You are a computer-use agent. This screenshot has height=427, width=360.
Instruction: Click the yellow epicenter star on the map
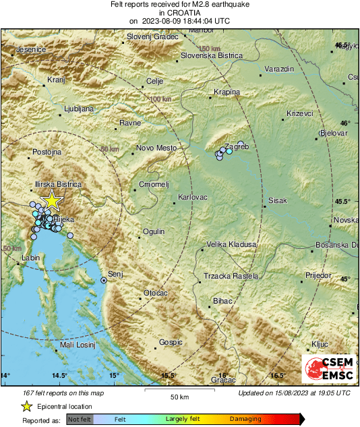pos(51,200)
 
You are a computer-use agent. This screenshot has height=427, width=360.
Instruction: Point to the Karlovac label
pos(192,197)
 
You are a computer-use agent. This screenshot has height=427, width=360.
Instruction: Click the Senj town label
pos(117,275)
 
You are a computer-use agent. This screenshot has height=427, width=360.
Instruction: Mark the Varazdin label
pos(280,69)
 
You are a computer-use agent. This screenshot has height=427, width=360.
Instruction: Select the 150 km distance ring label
pos(210,49)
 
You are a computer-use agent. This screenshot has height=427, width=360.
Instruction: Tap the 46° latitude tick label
pos(345,123)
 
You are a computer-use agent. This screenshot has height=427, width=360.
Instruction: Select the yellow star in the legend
pos(26,407)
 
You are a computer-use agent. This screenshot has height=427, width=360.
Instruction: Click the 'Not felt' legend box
pos(80,419)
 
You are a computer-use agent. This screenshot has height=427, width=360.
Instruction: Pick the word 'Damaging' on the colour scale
pos(245,419)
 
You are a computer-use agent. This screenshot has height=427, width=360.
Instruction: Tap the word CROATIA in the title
pos(179,13)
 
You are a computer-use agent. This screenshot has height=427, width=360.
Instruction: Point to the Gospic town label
pos(171,343)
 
